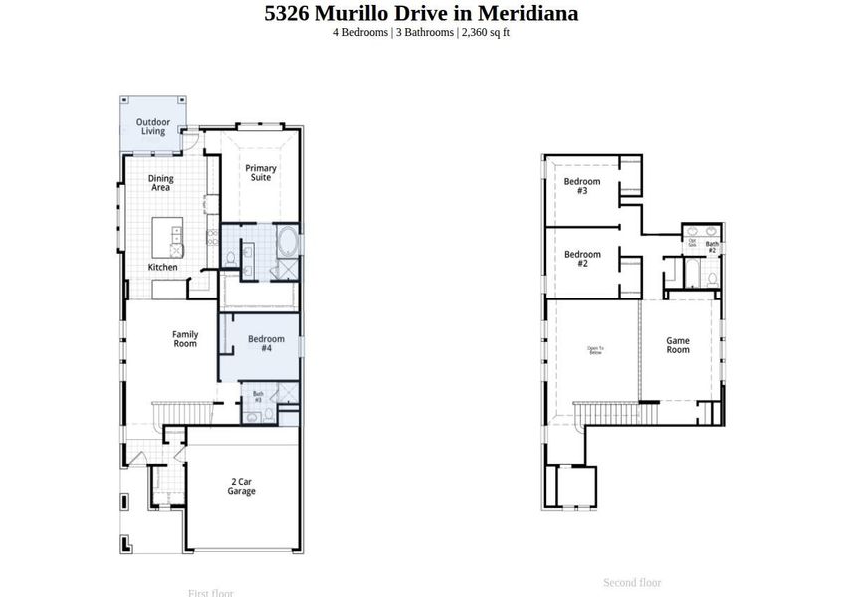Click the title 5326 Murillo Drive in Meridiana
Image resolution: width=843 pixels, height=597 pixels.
421,14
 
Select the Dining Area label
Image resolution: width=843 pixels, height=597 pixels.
160,183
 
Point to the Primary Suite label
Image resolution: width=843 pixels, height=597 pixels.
261,172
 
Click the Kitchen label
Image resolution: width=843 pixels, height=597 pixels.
163,267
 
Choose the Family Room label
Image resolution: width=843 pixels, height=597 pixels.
185,339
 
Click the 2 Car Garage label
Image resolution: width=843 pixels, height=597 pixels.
241,486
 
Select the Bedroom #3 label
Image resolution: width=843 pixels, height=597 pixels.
582,186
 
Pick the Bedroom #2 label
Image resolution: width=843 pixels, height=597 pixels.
582,259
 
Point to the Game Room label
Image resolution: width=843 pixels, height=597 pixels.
677,345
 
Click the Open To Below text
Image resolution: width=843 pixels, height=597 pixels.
595,349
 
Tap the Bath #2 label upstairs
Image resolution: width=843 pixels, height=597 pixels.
712,246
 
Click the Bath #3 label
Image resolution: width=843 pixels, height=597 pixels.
257,397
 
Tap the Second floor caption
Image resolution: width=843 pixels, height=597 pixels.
632,582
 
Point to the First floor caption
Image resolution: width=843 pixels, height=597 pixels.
210,593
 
